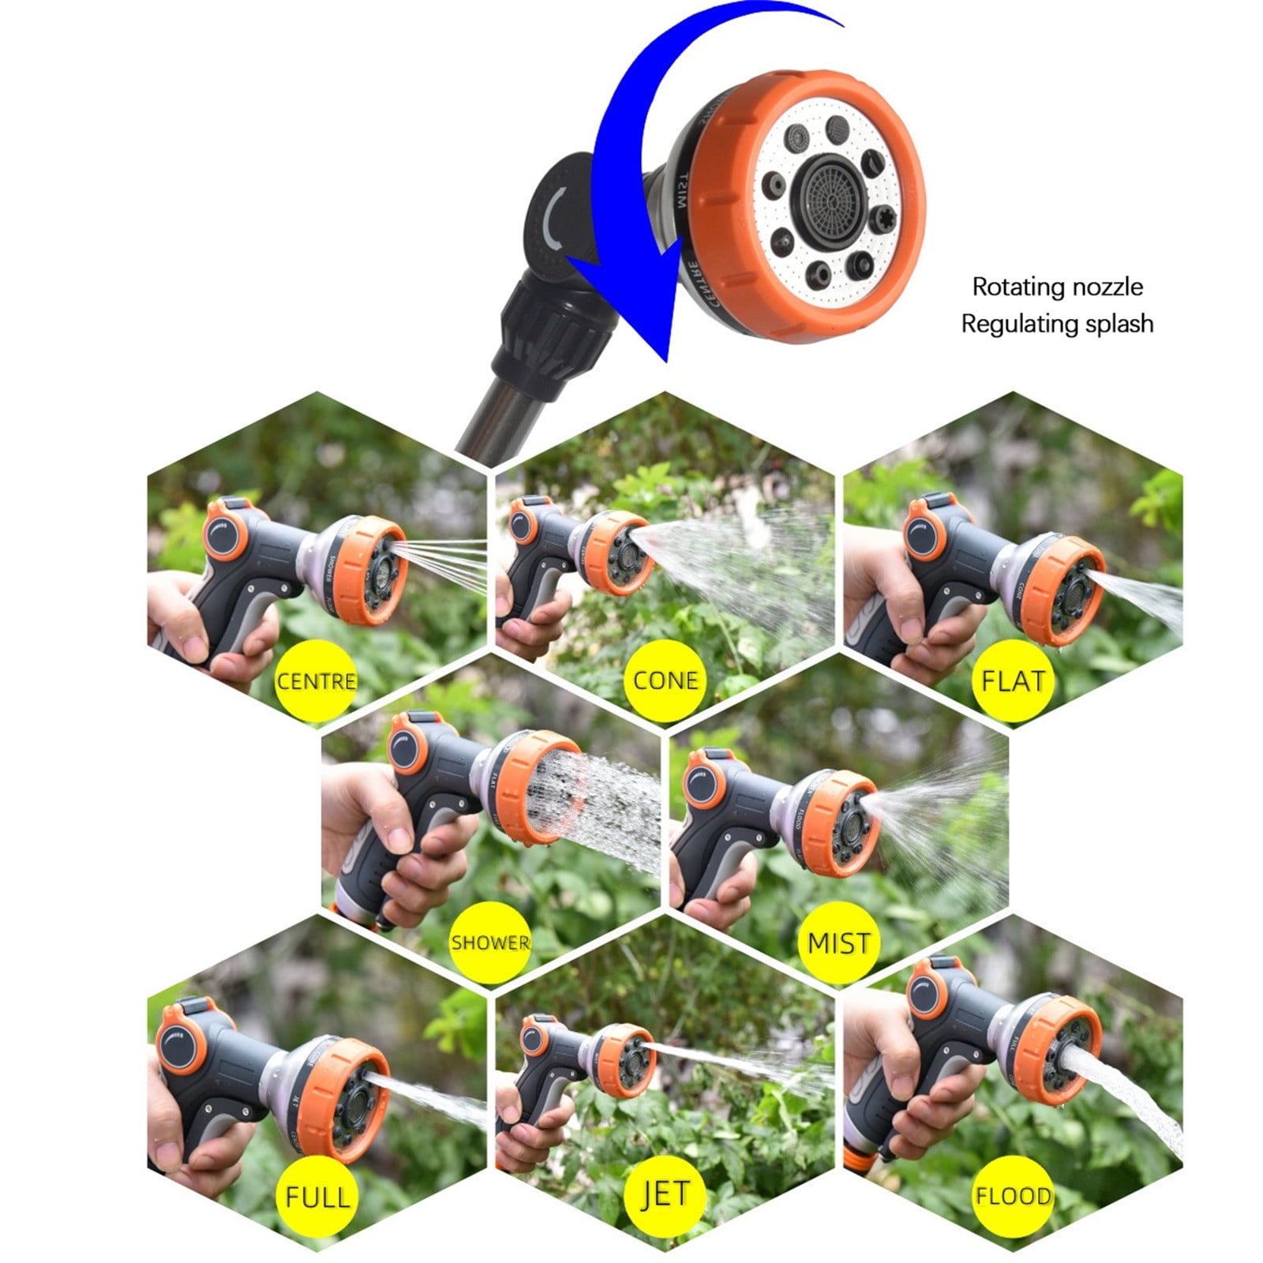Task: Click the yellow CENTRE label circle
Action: click(316, 680)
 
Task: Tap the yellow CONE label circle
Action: click(665, 680)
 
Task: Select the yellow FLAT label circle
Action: click(1013, 680)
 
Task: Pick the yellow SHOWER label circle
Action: click(490, 942)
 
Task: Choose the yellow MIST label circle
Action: click(839, 942)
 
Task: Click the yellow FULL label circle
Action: click(316, 1196)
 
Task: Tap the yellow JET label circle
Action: click(665, 1196)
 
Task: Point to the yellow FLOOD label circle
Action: click(1013, 1196)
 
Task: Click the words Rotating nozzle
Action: click(1057, 287)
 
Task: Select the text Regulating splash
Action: click(1057, 324)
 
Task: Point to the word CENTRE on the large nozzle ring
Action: click(688, 284)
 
